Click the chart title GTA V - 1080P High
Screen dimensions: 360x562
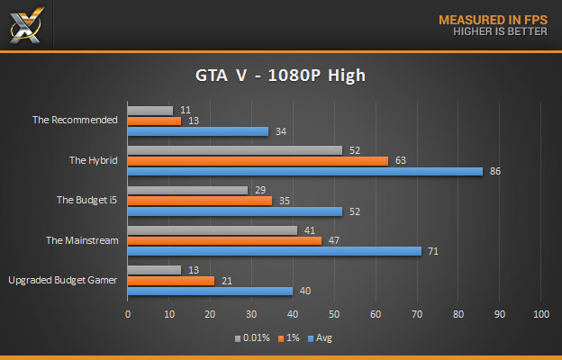pyautogui.click(x=280, y=76)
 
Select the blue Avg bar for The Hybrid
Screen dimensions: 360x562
pyautogui.click(x=305, y=171)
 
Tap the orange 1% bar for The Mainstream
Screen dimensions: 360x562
pyautogui.click(x=224, y=240)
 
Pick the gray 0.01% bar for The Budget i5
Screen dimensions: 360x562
pyautogui.click(x=187, y=190)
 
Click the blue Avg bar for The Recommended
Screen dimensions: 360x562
pyautogui.click(x=198, y=131)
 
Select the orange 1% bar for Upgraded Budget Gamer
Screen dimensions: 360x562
pyautogui.click(x=171, y=280)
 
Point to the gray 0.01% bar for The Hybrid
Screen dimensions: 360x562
pyautogui.click(x=235, y=150)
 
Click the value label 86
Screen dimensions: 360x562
pyautogui.click(x=494, y=171)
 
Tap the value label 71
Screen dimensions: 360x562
pyautogui.click(x=432, y=251)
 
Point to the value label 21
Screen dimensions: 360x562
pyautogui.click(x=226, y=280)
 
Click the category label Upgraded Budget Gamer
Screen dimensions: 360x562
pyautogui.click(x=63, y=280)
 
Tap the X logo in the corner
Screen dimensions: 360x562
pyautogui.click(x=24, y=24)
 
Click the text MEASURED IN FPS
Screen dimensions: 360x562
pyautogui.click(x=492, y=19)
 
